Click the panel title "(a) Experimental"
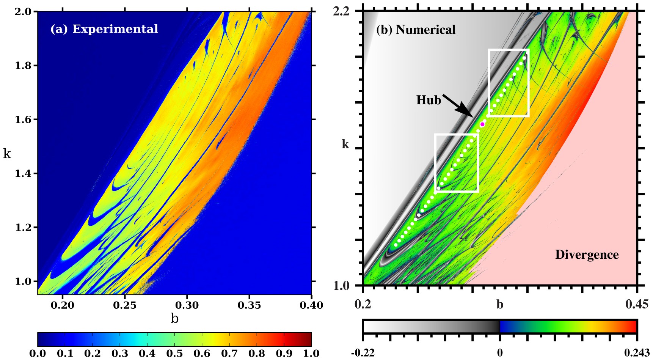coord(104,29)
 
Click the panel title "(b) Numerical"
coord(416,30)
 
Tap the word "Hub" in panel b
coord(429,100)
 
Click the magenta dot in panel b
coord(482,124)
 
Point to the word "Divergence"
coord(587,255)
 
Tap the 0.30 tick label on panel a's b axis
coord(187,305)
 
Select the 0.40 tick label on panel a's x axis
coord(311,305)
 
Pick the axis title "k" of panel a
coord(7,154)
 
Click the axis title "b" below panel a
coord(174,318)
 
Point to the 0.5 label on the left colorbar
coord(174,354)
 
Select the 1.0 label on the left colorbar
coord(311,354)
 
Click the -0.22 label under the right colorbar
coord(363,353)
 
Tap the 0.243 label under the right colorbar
coord(637,353)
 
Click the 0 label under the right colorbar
coord(500,353)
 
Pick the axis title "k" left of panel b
coord(345,145)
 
